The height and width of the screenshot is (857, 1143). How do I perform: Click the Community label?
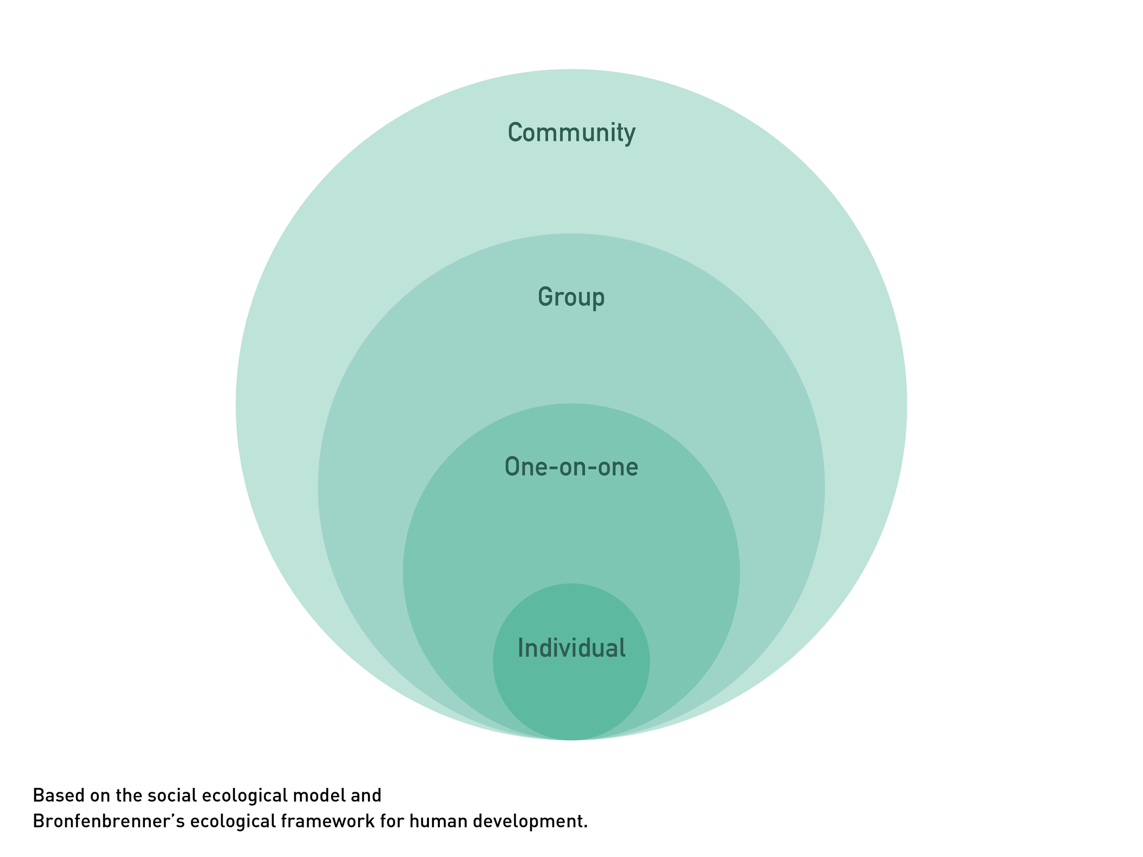pos(571,133)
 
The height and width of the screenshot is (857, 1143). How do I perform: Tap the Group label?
pos(571,297)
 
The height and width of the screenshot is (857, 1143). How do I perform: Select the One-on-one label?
pos(571,467)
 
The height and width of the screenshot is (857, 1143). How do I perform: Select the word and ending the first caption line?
pos(366,796)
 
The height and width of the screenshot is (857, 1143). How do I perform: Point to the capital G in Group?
pos(545,297)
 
